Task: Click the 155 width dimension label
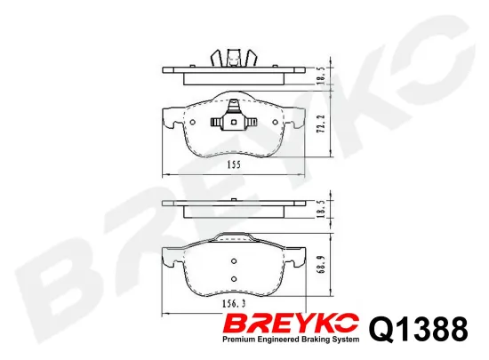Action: tap(233, 165)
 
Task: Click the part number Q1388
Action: tap(416, 330)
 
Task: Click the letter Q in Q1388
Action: tap(379, 330)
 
